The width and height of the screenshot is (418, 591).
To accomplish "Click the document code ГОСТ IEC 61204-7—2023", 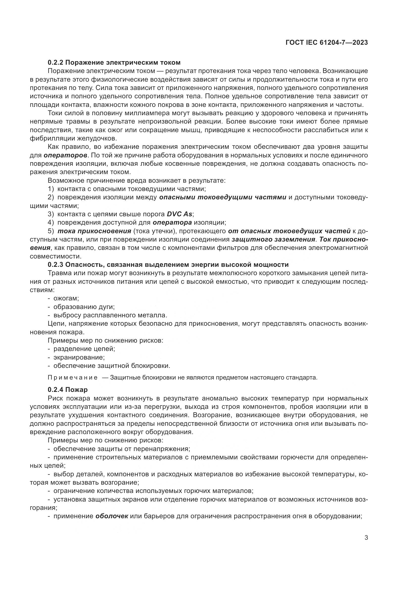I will pos(327,42).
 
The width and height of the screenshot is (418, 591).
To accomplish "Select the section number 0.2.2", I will pos(56,62).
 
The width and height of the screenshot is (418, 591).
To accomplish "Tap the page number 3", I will pos(366,537).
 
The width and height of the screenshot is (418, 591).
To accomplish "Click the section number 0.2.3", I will pos(56,265).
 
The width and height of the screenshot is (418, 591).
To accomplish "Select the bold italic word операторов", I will pos(65,155).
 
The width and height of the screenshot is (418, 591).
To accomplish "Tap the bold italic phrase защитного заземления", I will pos(273,239).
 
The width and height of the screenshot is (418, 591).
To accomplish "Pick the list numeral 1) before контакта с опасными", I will pos(51,189).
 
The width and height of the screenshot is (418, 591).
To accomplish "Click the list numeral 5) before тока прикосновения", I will pos(51,231).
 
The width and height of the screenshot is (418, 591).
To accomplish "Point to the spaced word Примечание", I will pos(73,377).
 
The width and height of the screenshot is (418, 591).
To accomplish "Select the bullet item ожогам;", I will pos(66,298).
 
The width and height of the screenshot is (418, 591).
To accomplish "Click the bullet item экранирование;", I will pos(79,357).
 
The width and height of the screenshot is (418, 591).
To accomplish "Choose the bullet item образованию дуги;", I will pos(84,307).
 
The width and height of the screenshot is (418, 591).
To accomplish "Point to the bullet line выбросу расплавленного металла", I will pos(110,315).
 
